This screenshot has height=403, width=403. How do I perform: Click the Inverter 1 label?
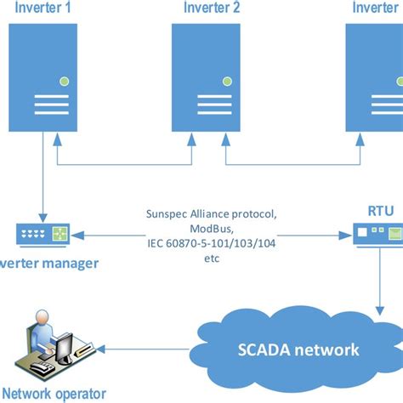pos(41,9)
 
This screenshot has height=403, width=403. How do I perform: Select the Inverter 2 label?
pos(212,9)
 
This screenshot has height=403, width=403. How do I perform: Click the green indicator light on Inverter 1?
pos(64,82)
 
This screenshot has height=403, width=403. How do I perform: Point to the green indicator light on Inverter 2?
pos(227,82)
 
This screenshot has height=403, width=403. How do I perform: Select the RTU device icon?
pos(377,231)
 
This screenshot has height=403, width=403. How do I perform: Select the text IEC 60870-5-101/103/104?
pos(211,244)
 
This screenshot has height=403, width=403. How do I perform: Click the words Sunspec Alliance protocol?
pos(211,216)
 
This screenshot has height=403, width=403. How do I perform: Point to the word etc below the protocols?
pos(211,258)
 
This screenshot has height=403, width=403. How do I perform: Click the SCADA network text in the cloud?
pos(299,349)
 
